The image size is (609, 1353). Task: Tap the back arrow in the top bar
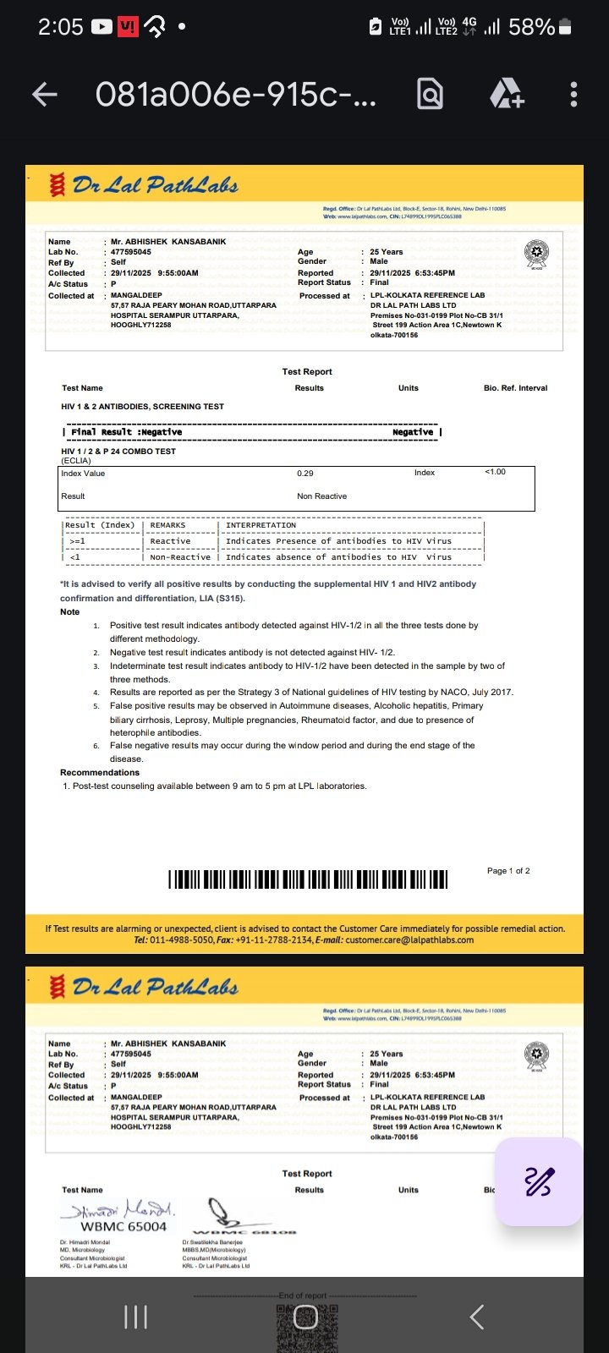45,94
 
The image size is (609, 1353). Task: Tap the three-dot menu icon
573,94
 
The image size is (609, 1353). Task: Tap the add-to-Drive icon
507,94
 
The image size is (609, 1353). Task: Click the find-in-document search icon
430,94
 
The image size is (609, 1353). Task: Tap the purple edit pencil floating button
539,1181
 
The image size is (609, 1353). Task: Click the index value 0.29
305,474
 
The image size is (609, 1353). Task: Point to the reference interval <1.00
495,472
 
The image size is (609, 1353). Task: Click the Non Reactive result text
321,496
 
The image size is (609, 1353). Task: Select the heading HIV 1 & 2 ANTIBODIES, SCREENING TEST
142,407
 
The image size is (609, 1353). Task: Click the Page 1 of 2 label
508,871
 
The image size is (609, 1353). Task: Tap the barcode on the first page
308,879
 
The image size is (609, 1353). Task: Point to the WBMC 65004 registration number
123,1227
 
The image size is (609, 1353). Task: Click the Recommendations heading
100,773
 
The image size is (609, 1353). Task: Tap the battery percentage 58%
531,27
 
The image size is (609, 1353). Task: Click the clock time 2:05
60,27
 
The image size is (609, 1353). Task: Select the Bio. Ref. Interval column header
515,388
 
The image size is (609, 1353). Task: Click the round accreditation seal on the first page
536,253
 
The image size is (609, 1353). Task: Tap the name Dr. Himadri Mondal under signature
85,1242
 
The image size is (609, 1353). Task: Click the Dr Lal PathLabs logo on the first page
145,184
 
